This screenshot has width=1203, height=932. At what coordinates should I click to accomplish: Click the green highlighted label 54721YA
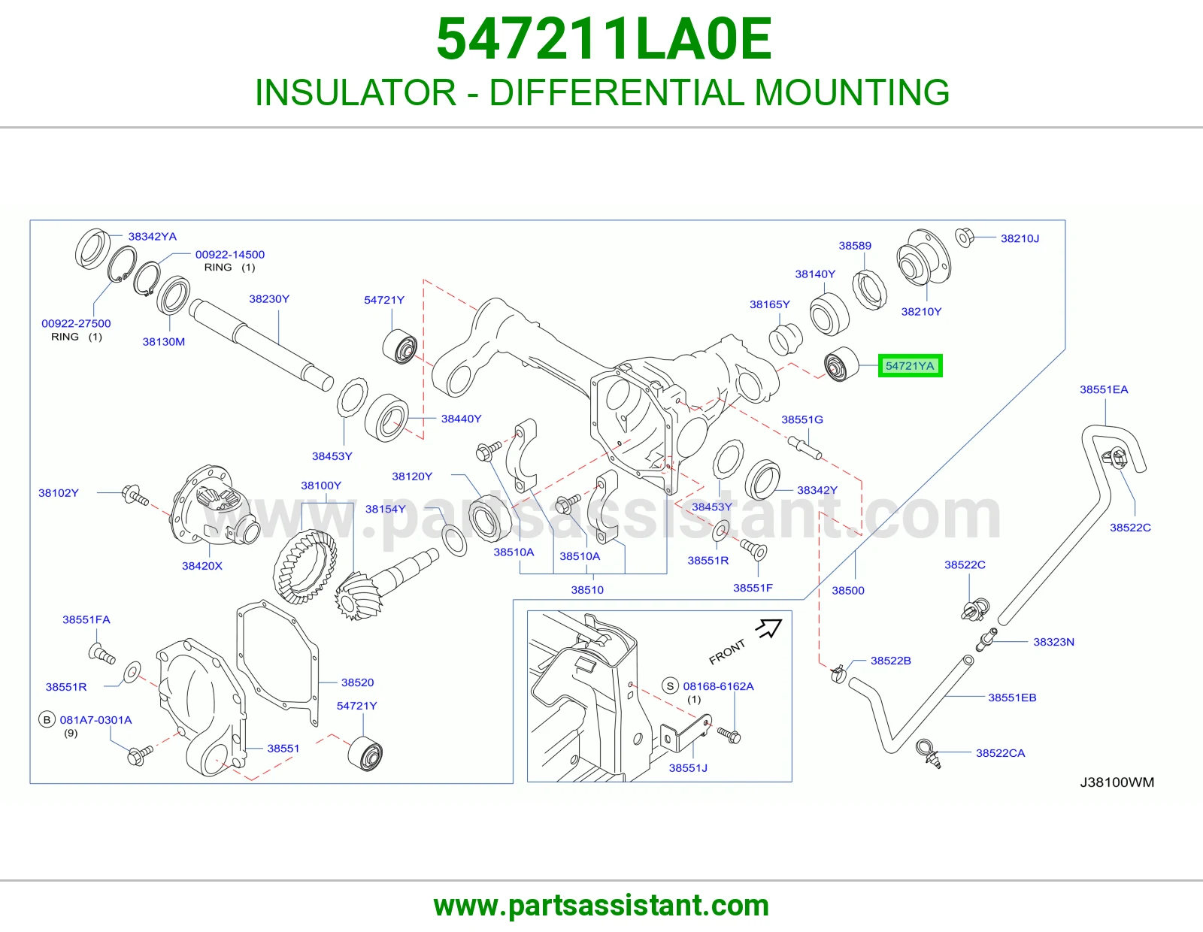pyautogui.click(x=910, y=366)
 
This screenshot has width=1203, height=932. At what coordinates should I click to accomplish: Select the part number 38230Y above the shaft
pyautogui.click(x=269, y=299)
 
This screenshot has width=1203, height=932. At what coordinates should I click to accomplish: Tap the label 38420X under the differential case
pyautogui.click(x=202, y=566)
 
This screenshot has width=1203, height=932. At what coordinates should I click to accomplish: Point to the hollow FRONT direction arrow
pyautogui.click(x=768, y=628)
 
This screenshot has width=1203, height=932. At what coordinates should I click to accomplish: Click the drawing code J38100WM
pyautogui.click(x=1117, y=782)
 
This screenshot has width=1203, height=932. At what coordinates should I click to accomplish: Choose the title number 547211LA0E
pyautogui.click(x=604, y=39)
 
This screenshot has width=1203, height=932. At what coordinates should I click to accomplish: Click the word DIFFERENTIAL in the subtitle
pyautogui.click(x=617, y=92)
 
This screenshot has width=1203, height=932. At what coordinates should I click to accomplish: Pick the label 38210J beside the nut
pyautogui.click(x=1020, y=238)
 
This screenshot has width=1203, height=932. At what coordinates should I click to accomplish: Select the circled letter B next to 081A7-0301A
pyautogui.click(x=47, y=719)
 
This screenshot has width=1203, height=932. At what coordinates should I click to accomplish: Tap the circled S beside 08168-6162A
pyautogui.click(x=671, y=686)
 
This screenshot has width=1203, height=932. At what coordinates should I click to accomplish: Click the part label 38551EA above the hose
pyautogui.click(x=1104, y=389)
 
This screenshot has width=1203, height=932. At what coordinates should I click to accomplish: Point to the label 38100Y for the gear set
pyautogui.click(x=321, y=486)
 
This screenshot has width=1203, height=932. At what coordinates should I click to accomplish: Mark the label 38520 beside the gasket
pyautogui.click(x=358, y=682)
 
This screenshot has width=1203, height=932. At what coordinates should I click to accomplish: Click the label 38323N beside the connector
pyautogui.click(x=1053, y=642)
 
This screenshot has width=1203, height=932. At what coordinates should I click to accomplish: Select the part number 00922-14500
pyautogui.click(x=230, y=255)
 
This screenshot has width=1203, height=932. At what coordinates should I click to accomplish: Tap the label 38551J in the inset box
pyautogui.click(x=688, y=767)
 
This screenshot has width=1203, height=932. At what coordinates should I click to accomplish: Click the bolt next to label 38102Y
pyautogui.click(x=134, y=495)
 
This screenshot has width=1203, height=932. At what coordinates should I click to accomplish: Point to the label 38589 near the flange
pyautogui.click(x=855, y=246)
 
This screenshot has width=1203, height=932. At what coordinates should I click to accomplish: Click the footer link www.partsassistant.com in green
pyautogui.click(x=601, y=906)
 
